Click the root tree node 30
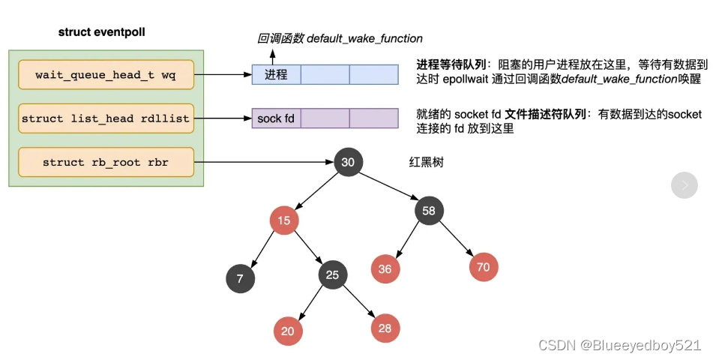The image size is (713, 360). (x=348, y=162)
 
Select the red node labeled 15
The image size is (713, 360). (x=284, y=220)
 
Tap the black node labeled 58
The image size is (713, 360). (x=429, y=211)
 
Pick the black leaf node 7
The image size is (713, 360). (x=240, y=278)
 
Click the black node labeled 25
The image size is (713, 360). (x=332, y=275)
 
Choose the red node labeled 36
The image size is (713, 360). (x=385, y=268)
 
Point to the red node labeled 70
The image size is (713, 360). (x=484, y=266)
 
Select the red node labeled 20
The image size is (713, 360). (x=288, y=331)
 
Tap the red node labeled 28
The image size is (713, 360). (x=385, y=328)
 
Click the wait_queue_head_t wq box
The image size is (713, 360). (x=106, y=75)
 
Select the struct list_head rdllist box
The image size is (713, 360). (x=106, y=118)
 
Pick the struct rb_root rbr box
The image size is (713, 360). (x=106, y=162)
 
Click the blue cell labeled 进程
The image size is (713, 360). (x=275, y=75)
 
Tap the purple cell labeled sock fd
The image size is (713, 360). (x=275, y=118)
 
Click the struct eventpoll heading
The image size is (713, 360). (x=102, y=33)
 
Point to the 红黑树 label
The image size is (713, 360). (x=426, y=161)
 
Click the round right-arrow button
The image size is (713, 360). (x=684, y=184)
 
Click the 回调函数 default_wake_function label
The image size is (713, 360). (x=340, y=38)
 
